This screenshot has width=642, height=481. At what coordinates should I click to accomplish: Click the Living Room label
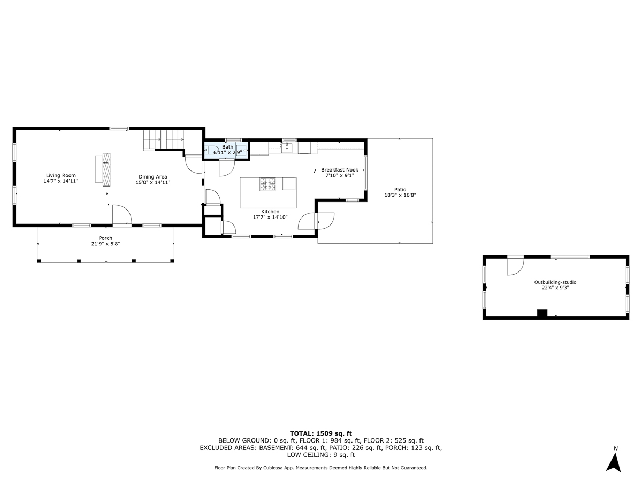tap(60, 175)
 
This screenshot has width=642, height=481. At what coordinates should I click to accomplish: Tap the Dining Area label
tap(153, 176)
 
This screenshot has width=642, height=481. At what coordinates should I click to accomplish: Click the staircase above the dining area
tap(163, 141)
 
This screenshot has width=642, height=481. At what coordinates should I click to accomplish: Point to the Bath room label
tap(228, 147)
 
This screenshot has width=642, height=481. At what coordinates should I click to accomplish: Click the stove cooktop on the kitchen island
tap(268, 184)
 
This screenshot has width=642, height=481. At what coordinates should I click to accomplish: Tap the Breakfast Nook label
tap(339, 169)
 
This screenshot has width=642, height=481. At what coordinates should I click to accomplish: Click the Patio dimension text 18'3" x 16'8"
tap(400, 195)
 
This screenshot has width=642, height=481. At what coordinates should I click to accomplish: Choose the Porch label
tap(105, 238)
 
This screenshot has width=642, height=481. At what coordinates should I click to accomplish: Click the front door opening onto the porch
tap(121, 216)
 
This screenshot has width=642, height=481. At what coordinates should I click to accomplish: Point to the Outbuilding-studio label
tap(555, 282)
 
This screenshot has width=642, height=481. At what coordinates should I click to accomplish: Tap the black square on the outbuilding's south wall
tap(542, 314)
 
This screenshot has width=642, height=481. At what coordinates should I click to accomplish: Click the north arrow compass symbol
tap(614, 460)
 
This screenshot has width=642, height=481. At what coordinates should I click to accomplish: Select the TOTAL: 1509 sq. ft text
tap(320, 433)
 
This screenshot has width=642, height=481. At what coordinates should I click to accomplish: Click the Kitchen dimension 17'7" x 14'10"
tap(270, 218)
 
